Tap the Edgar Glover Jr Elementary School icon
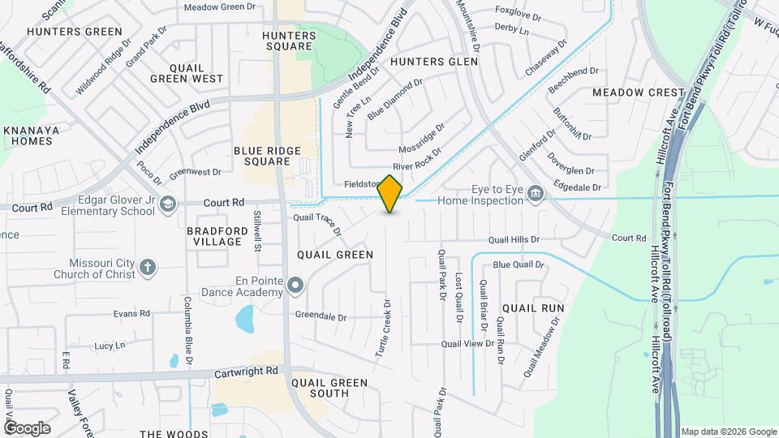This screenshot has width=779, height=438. coord(168,203)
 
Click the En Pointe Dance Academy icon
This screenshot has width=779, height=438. coord(295,285)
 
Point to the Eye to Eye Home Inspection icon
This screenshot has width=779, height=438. coord(536,193)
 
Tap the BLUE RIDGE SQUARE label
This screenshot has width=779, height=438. coord(267,156)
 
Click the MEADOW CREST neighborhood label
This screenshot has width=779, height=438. coord(639,92)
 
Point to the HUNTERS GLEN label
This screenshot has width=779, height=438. coord(428,61)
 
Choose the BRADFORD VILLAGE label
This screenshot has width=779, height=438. coord(214,236)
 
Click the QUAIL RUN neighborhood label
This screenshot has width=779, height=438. coord(533,308)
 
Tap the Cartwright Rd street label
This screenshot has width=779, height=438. coord(247,371)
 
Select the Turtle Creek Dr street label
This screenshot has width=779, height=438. coord(384,329)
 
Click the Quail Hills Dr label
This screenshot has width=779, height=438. coord(514,239)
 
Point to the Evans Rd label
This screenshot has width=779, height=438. coord(131,313)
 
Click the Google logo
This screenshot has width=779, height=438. coord(27,427)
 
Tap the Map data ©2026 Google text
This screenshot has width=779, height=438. coord(728,432)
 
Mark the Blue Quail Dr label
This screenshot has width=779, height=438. coord(518,264)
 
